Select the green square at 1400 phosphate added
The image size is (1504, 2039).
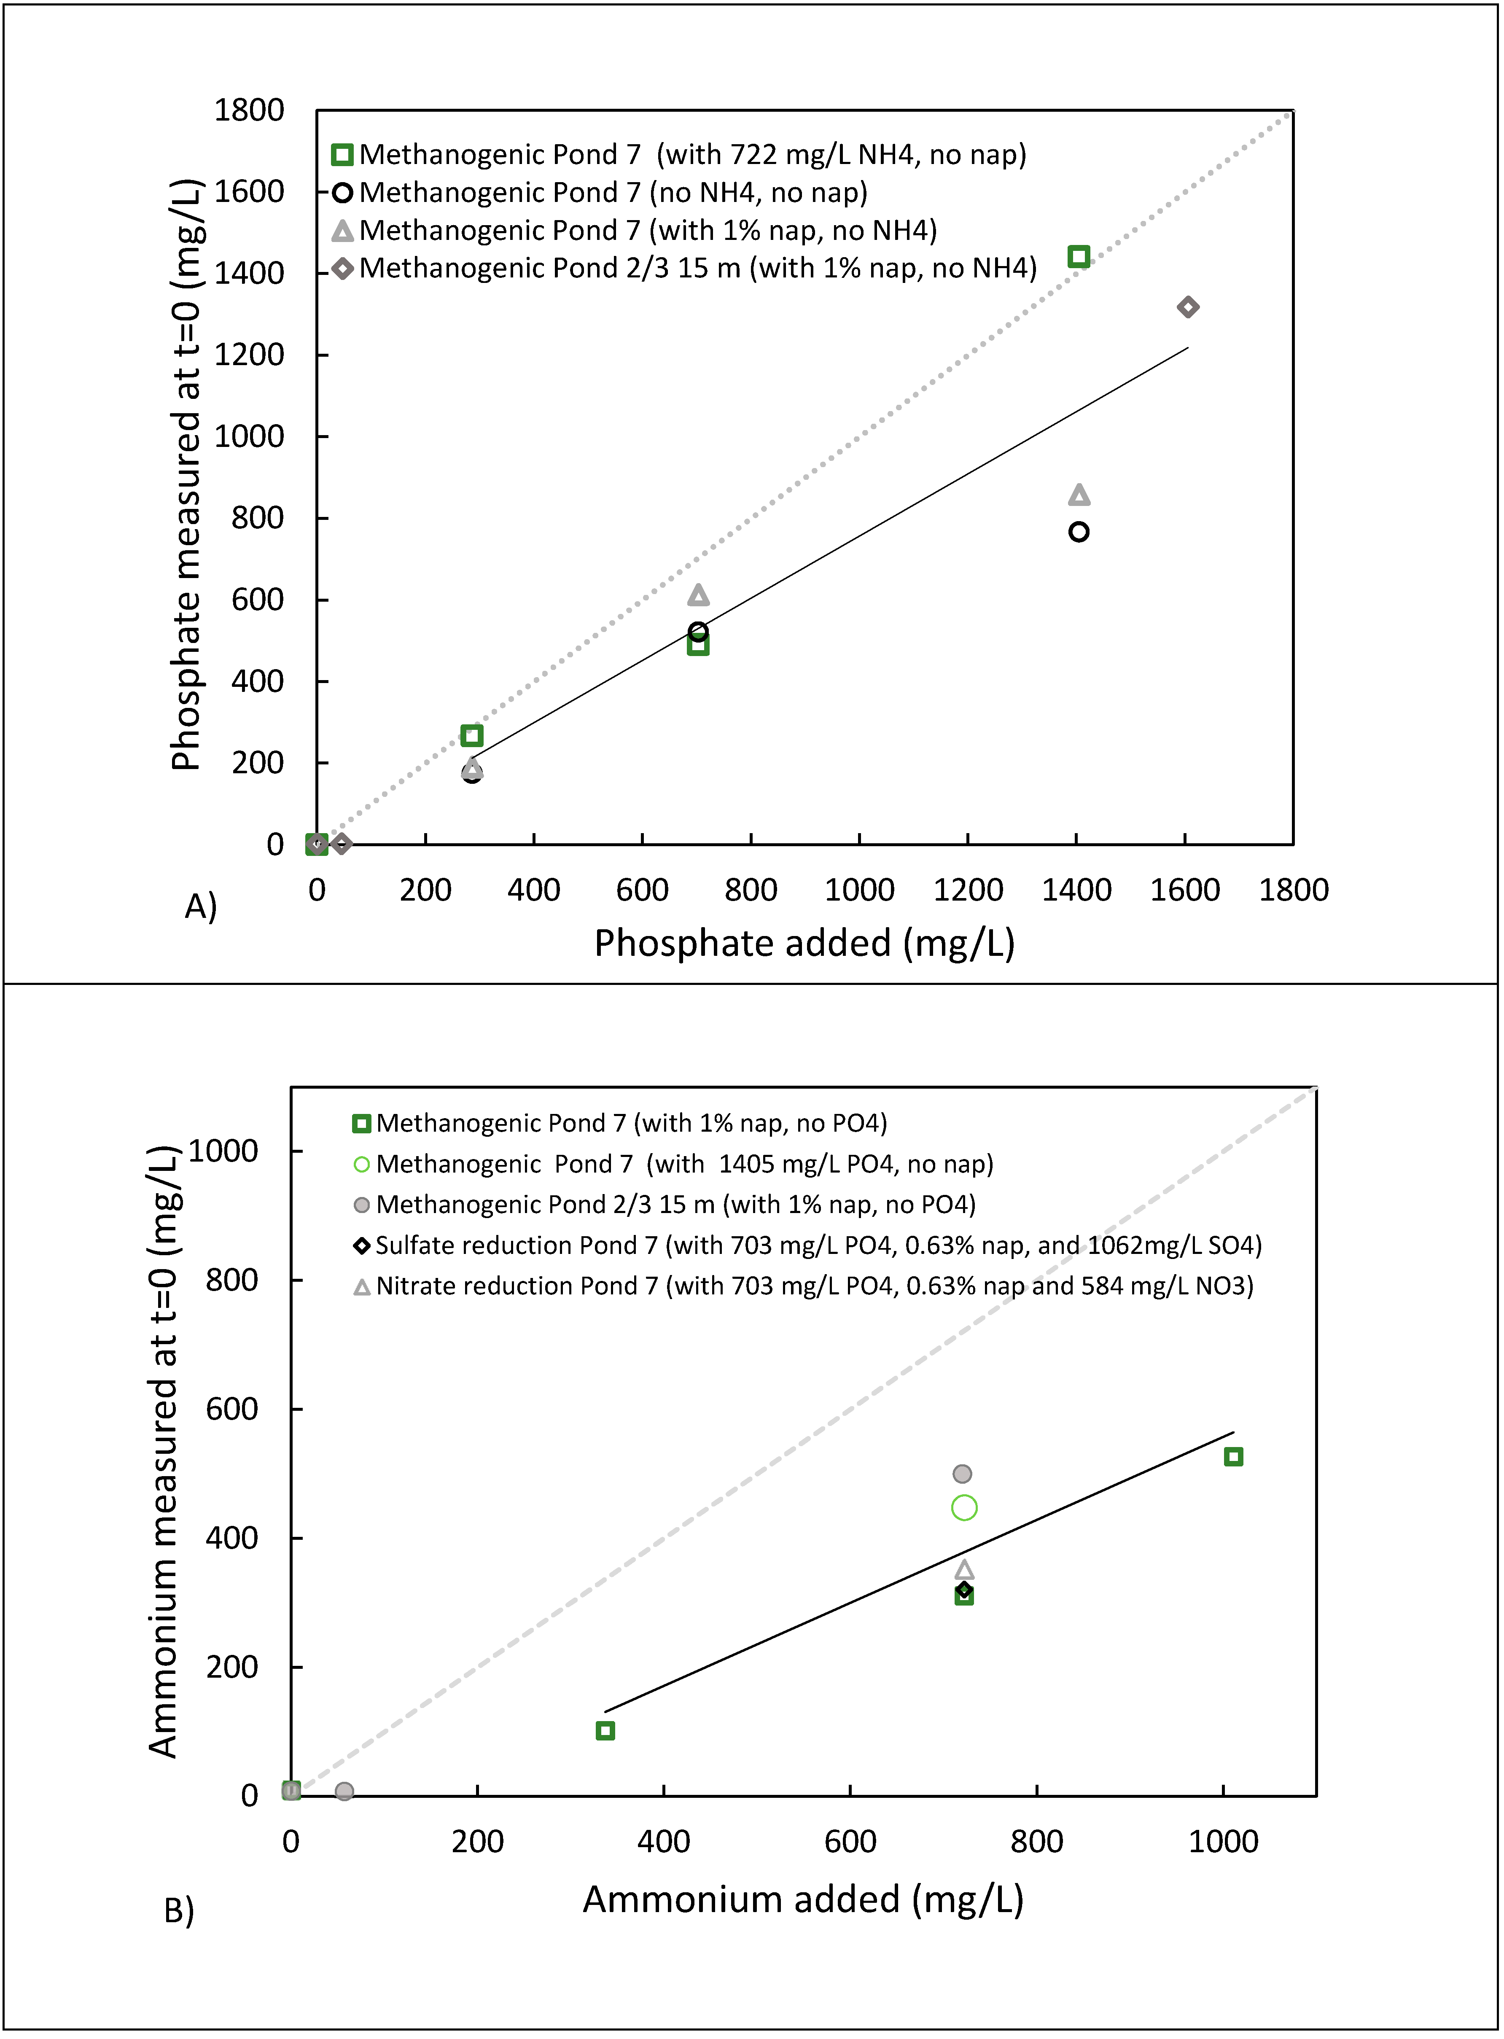[1079, 257]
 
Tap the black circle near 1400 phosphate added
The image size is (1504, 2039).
[1079, 532]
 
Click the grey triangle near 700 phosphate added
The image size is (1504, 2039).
[698, 595]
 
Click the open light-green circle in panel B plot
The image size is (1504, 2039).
[964, 1508]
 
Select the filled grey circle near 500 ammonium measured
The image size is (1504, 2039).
[962, 1474]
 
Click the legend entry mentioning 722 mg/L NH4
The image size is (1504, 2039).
[692, 155]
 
